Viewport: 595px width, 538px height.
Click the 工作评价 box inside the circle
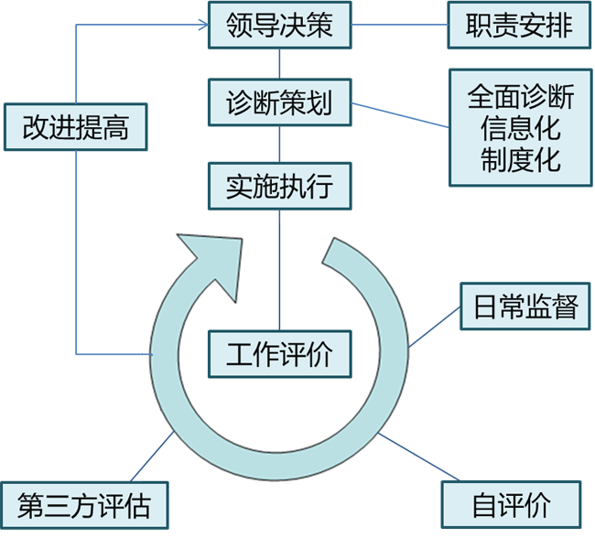279,352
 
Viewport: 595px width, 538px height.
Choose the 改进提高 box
76,127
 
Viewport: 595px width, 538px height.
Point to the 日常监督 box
525,307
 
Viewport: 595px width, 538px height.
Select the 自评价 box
512,505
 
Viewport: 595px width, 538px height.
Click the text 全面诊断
521,96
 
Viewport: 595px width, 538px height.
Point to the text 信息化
521,127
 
